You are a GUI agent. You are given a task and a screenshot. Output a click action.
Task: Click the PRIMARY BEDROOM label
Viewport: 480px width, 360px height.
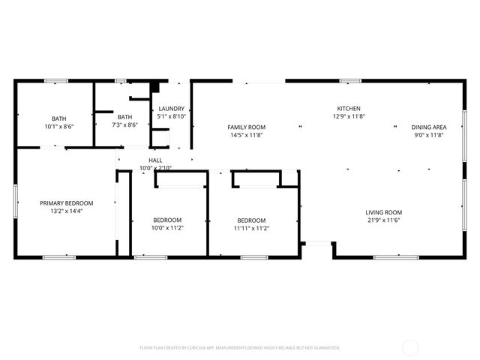click(x=67, y=203)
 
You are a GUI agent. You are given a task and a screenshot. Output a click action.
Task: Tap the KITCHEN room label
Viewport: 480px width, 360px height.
click(x=349, y=109)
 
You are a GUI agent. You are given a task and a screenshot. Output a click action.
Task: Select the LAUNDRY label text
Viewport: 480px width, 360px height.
click(x=172, y=109)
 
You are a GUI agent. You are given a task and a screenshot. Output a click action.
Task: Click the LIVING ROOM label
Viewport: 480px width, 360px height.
click(x=384, y=212)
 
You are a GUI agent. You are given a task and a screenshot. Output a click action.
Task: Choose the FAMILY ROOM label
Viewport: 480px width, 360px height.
click(x=247, y=127)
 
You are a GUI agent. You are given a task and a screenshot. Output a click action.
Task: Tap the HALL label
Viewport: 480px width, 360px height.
click(x=155, y=160)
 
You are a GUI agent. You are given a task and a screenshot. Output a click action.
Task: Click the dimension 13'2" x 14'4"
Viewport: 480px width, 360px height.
click(x=67, y=211)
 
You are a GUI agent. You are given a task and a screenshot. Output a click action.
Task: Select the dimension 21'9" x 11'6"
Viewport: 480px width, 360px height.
click(x=384, y=220)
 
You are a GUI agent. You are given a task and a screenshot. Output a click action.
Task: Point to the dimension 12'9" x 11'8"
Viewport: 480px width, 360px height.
click(x=349, y=117)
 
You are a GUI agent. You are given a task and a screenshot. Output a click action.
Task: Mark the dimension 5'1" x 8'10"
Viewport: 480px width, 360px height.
click(x=172, y=117)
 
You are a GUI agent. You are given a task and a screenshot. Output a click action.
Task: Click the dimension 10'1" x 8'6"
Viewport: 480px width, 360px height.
click(x=58, y=126)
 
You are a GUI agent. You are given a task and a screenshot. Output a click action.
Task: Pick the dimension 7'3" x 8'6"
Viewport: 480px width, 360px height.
click(x=124, y=125)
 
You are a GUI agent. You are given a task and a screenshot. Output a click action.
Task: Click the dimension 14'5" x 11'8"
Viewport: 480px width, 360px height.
click(x=247, y=136)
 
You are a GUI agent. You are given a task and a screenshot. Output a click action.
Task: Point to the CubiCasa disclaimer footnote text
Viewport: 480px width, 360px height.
click(x=240, y=348)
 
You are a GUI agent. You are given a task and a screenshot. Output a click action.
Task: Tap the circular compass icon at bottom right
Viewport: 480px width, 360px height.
click(x=410, y=347)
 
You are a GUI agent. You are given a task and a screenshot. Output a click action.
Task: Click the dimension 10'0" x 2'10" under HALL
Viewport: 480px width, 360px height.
click(x=155, y=168)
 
